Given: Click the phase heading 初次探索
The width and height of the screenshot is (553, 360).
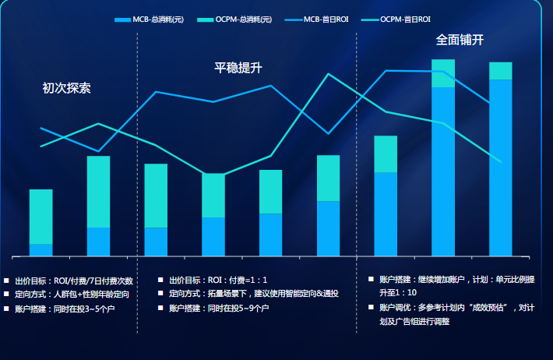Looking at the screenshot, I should coord(66,88).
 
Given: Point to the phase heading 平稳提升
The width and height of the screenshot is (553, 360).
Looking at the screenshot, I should coord(238,68).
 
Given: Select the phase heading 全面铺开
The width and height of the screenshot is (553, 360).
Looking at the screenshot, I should coord(460,40).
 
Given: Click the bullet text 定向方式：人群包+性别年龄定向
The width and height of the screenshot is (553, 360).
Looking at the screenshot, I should coord(72,295).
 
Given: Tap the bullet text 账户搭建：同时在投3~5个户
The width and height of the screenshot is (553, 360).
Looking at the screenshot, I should coord(65,309).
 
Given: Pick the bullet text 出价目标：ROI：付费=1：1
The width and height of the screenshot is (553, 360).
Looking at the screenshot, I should coord(218,280).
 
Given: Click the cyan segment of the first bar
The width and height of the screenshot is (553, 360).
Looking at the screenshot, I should coord(41,216).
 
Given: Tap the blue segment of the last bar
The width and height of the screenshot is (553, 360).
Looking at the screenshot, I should coord(500,168).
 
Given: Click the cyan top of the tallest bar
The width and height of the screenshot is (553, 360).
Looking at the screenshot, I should coord(443,72).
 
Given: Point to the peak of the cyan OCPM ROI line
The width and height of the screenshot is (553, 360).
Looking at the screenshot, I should coord(329,74).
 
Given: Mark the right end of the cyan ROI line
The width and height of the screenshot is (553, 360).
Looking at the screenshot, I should coord(500,162).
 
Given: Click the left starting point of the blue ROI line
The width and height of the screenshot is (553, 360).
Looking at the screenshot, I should coord(41,128).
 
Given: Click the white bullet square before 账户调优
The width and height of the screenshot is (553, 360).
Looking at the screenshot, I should coord(372,307).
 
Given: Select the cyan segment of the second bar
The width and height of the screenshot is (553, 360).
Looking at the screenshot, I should coord(98,191).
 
